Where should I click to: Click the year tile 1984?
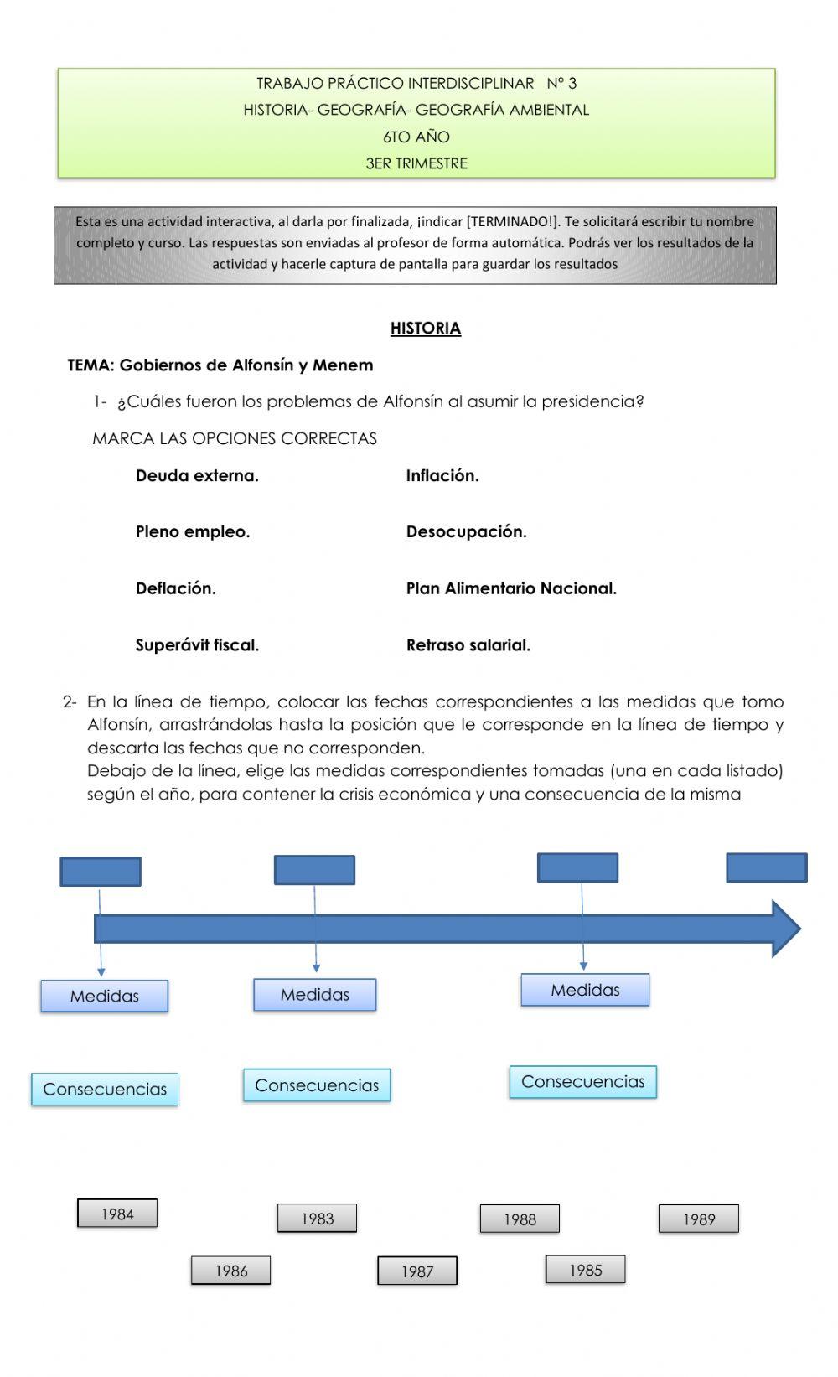tap(117, 1214)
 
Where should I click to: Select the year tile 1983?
tap(317, 1219)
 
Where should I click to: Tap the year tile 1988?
tap(520, 1219)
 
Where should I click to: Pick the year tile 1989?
tap(699, 1219)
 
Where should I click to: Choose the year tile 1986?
tap(231, 1271)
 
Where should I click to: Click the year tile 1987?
tap(417, 1271)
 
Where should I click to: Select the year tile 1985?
tap(586, 1270)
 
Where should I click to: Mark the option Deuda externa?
tap(197, 476)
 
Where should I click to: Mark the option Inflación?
tap(442, 476)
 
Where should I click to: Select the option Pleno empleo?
tap(193, 532)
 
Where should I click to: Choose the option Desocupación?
tap(467, 532)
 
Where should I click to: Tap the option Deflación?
tap(176, 589)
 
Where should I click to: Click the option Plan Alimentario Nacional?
tap(511, 589)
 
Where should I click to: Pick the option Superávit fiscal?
tap(197, 645)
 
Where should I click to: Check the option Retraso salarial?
tap(468, 645)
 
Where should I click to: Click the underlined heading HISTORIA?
tap(426, 329)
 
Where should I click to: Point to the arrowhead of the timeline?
tap(786, 929)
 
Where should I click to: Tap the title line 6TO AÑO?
tap(416, 137)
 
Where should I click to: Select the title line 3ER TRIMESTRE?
tap(416, 163)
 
